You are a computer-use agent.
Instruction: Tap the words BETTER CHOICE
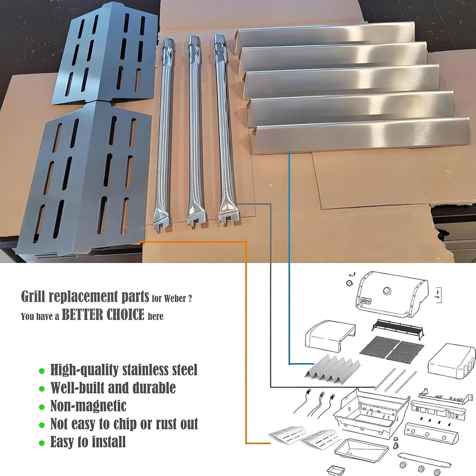[103, 315]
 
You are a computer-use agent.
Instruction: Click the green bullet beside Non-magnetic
[41, 406]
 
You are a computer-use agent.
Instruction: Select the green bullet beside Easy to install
[41, 443]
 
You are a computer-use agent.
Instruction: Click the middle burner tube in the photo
[194, 132]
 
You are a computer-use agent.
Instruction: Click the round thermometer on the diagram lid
[387, 291]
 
